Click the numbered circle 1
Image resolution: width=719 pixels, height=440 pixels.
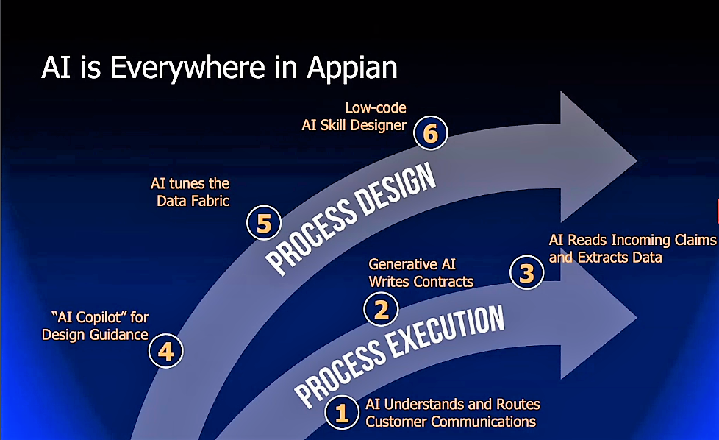[342, 414]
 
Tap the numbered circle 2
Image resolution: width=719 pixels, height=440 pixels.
[382, 310]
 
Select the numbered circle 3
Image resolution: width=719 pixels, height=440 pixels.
[526, 274]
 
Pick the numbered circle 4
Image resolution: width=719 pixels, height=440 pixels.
[165, 351]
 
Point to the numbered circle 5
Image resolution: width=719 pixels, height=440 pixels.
[264, 223]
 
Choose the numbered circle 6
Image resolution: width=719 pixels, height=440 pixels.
[431, 134]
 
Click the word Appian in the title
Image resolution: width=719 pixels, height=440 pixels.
[351, 68]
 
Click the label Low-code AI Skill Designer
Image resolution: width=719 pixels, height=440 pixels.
[354, 116]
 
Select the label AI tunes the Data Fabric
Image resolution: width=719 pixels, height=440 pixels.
[191, 191]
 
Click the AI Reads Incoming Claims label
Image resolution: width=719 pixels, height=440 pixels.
[631, 249]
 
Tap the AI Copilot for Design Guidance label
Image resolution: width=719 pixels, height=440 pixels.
[95, 325]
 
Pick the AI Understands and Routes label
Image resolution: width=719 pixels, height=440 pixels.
[452, 413]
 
